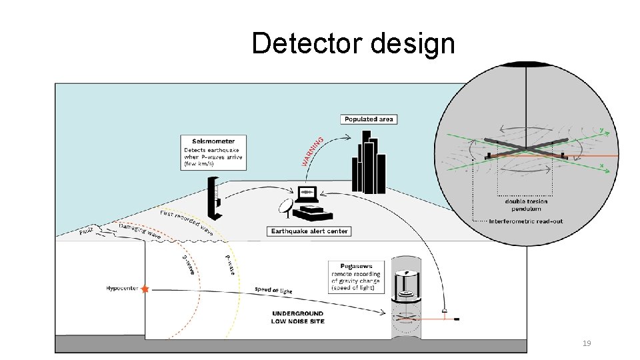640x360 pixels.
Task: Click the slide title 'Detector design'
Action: tap(353, 44)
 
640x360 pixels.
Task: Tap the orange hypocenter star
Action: tap(145, 289)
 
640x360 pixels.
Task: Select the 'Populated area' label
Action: tap(369, 119)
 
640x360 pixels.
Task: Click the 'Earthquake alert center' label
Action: tap(309, 231)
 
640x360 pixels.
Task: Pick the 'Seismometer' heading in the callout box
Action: tap(213, 141)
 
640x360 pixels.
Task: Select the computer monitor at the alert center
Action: tap(307, 195)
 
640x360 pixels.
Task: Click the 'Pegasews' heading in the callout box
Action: tap(347, 265)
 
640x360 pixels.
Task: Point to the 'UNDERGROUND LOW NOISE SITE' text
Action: tap(298, 317)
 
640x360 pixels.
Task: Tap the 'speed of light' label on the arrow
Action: tap(273, 290)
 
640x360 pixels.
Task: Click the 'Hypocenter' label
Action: tap(122, 289)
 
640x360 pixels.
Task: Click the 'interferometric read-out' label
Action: tap(527, 221)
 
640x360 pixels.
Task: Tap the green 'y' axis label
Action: tap(602, 129)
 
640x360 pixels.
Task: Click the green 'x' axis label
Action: tap(602, 165)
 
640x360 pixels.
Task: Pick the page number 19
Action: tap(587, 343)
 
